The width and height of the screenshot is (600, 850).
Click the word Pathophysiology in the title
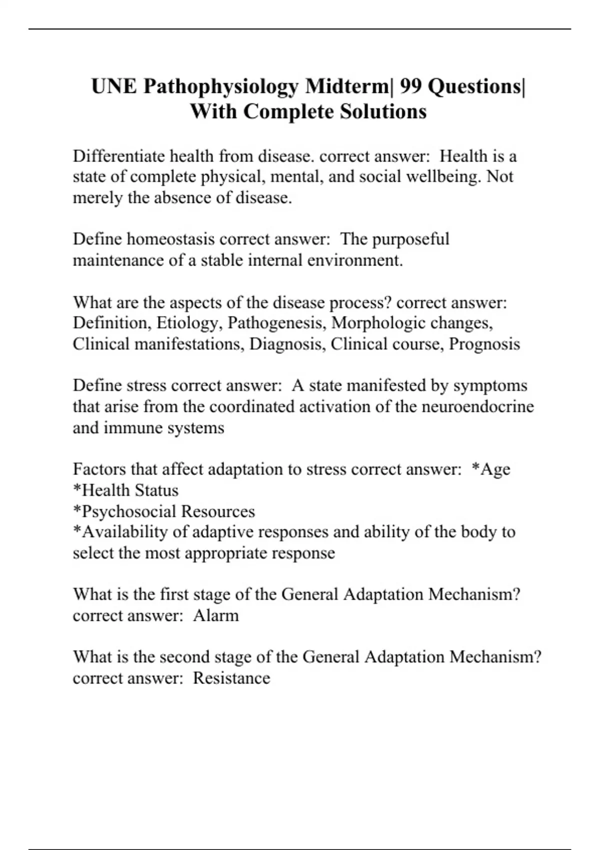[220, 87]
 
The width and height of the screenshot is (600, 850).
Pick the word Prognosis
[484, 344]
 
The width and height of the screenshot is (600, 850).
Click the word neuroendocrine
[477, 406]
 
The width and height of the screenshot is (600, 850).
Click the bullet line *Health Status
[125, 490]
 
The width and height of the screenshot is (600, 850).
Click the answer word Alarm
[215, 615]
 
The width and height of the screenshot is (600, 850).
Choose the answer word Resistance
[231, 678]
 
